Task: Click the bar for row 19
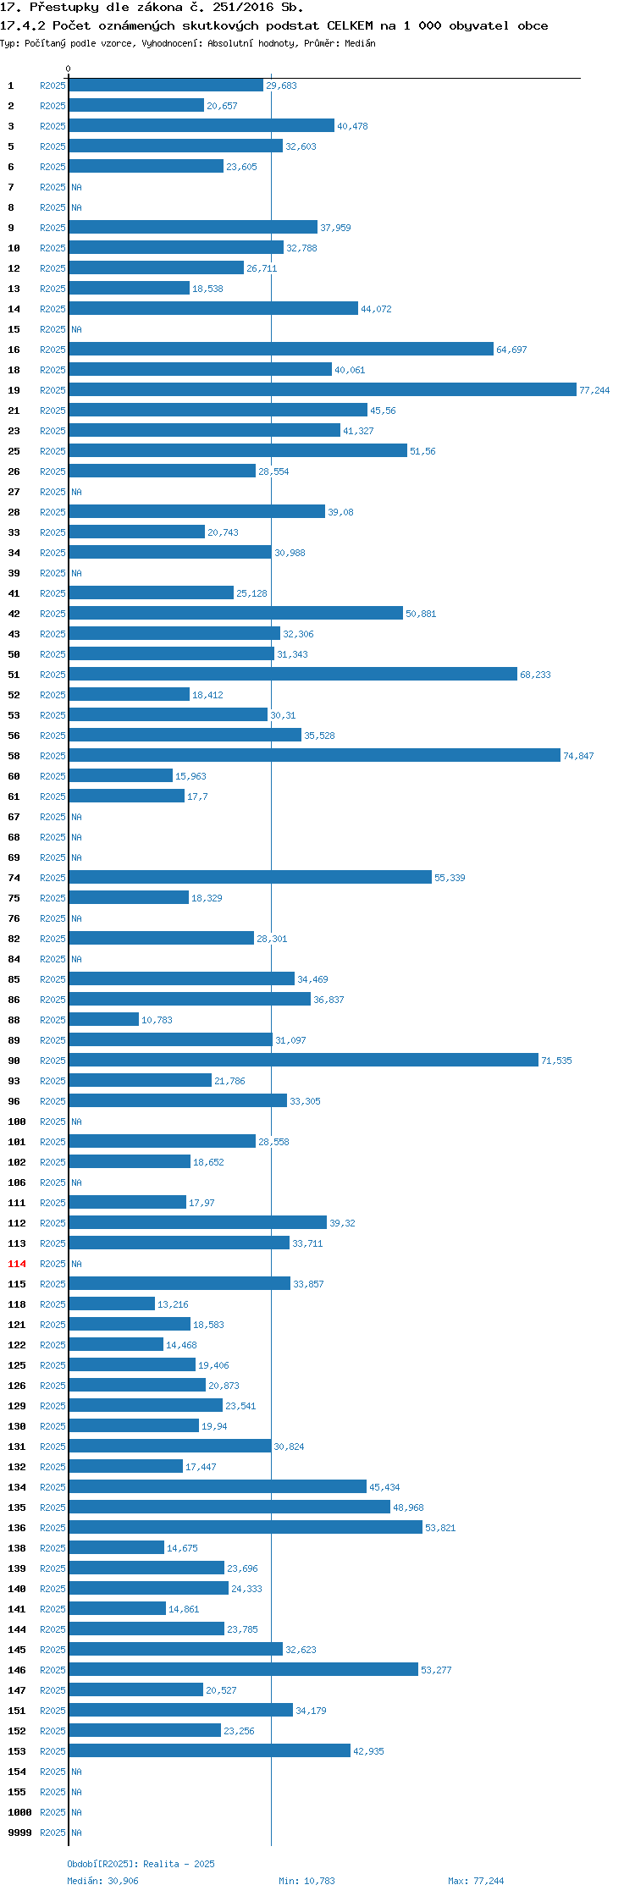point(322,389)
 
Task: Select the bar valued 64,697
point(280,349)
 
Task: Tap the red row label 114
point(17,1264)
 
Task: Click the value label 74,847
point(578,756)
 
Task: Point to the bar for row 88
point(103,1019)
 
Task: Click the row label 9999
point(19,1833)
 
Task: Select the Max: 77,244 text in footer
point(476,1881)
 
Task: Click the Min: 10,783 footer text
point(306,1881)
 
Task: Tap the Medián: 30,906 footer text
point(102,1881)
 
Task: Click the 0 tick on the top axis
point(69,69)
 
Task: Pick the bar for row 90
point(303,1060)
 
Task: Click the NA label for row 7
point(76,187)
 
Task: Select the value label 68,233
point(535,675)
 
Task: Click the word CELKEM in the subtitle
point(350,25)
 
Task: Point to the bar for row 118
point(112,1303)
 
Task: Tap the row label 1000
point(19,1812)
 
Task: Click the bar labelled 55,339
point(250,877)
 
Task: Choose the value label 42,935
point(368,1751)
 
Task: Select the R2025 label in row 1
point(52,85)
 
